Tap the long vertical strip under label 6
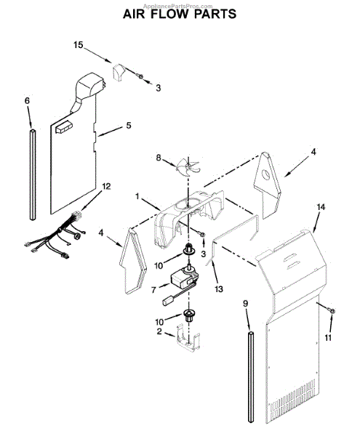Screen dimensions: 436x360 tap(31, 174)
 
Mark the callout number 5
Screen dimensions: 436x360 tap(128, 126)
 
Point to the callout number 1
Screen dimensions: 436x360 tap(136, 196)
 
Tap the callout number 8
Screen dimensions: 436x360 tap(159, 156)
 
